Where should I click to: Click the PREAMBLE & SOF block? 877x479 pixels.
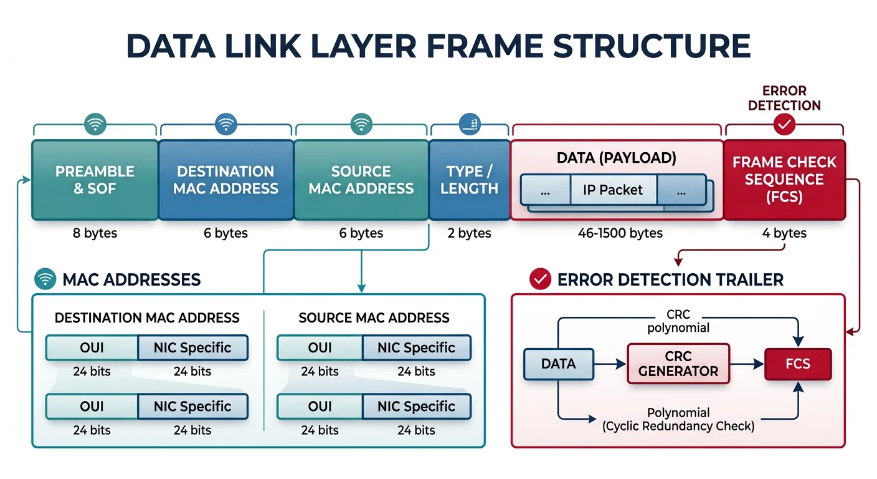pos(95,180)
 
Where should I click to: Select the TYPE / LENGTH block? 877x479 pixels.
pos(469,180)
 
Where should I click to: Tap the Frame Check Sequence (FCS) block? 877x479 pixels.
pos(784,180)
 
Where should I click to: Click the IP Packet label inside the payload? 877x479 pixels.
pos(613,190)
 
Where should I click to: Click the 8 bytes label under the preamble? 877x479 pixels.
pos(95,233)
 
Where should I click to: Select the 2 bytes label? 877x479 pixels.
pos(469,233)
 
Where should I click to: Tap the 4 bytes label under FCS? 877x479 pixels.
pos(784,233)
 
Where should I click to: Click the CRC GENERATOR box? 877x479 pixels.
pos(678,364)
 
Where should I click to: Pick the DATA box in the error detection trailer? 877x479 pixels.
pos(558,364)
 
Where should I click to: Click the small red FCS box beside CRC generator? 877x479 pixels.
pos(798,364)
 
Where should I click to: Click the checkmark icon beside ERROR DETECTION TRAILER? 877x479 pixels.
pos(539,279)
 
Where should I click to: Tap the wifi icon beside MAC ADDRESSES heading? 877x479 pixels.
pos(45,279)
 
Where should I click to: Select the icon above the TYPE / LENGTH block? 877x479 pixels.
pos(470,124)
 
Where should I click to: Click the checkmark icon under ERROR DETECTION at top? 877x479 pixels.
pos(784,125)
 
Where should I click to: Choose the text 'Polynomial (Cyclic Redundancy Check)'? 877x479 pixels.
pos(678,420)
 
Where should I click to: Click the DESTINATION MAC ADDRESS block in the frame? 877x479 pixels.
pos(225,180)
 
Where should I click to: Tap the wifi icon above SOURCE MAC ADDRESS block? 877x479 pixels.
pos(361,124)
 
